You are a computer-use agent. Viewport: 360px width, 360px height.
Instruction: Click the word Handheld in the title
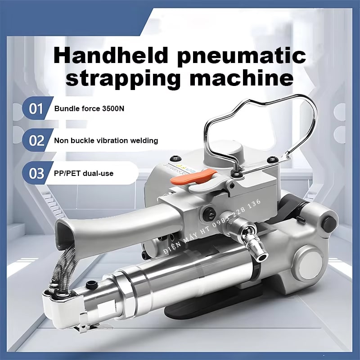[111, 56]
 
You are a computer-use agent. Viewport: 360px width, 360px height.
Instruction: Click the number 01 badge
[36, 108]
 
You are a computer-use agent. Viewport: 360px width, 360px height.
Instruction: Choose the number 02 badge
[36, 140]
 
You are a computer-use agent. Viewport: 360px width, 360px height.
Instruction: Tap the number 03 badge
[36, 173]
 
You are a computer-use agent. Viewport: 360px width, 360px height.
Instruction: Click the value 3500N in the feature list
[113, 108]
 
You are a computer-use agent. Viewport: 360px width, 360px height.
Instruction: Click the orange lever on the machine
[193, 176]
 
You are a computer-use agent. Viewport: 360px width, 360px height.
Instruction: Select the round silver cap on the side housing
[309, 262]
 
